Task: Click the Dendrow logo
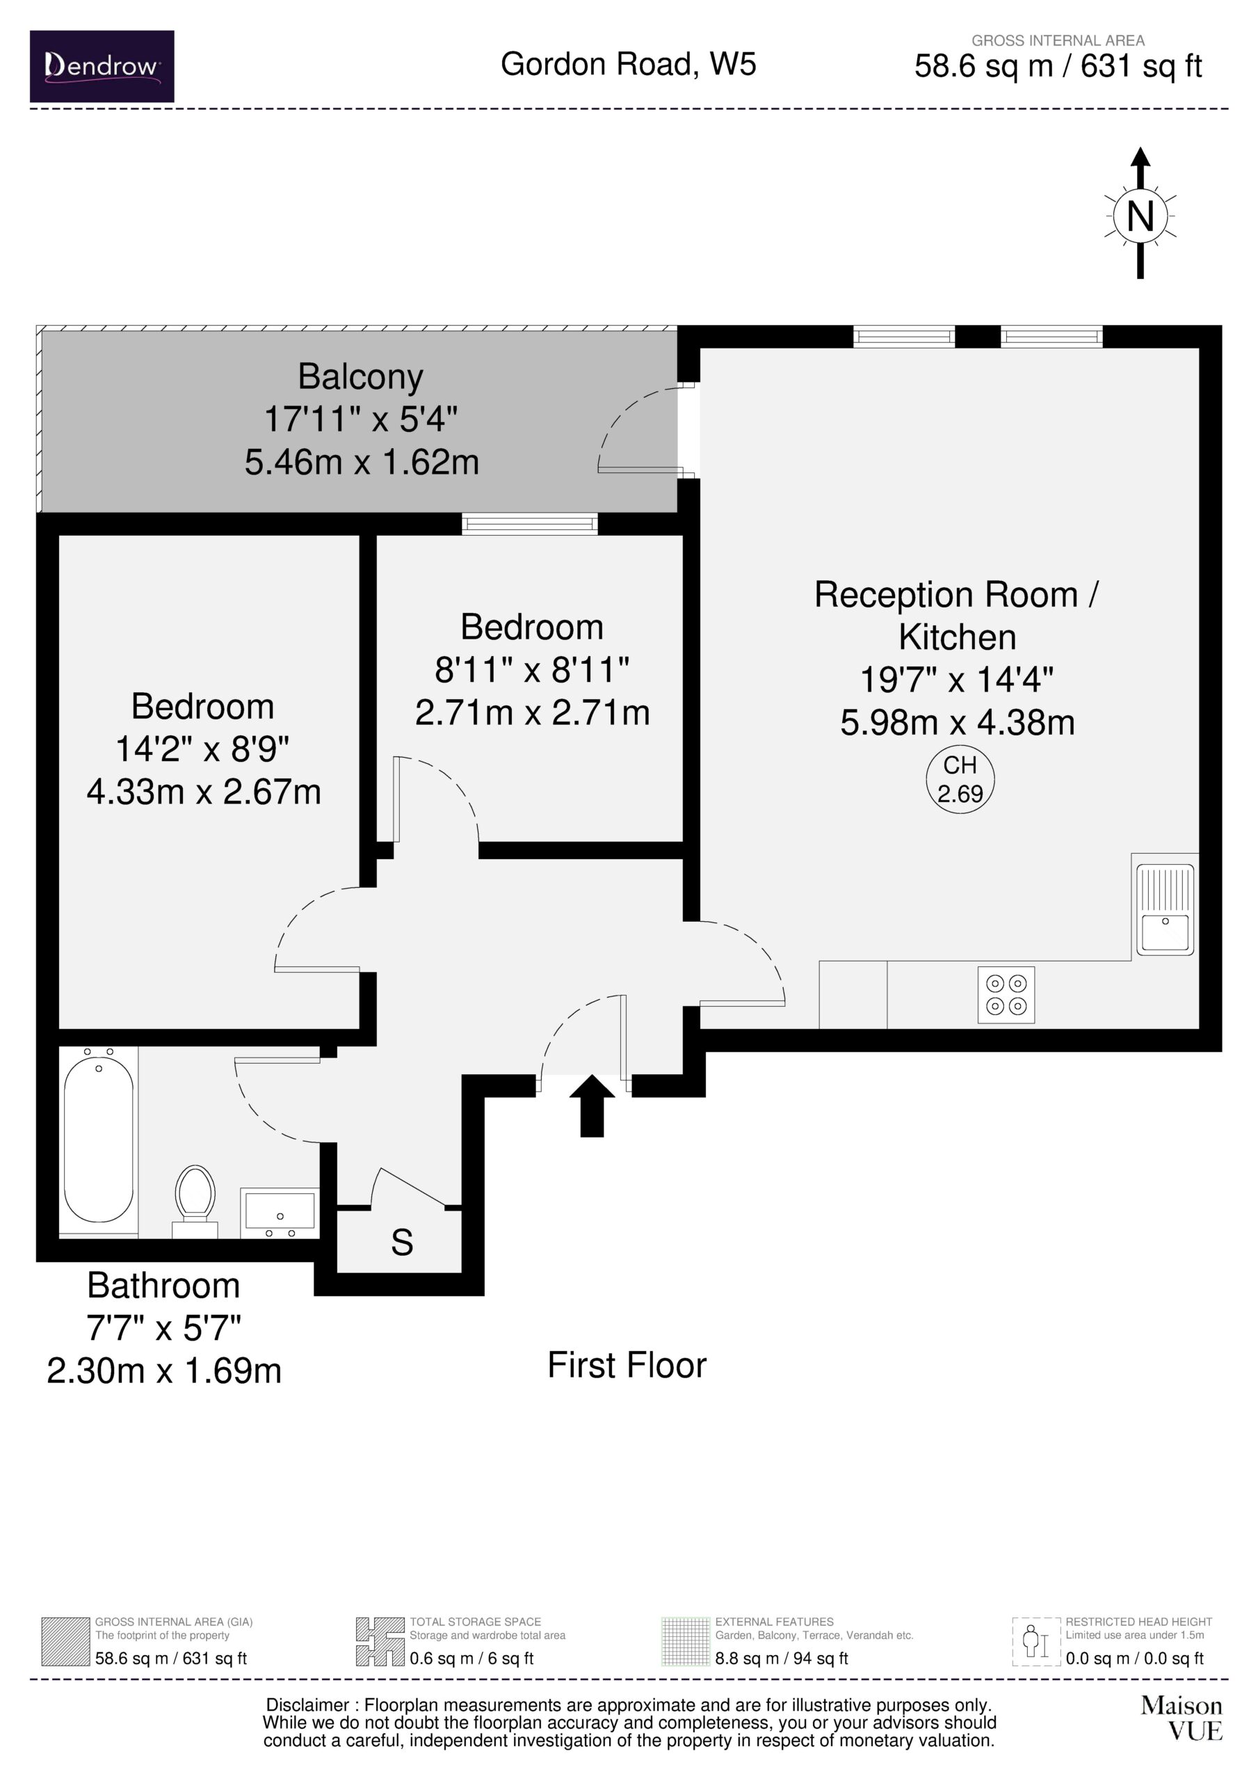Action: pos(102,66)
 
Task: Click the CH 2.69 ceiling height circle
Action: pos(960,780)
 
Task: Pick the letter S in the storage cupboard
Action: pos(402,1243)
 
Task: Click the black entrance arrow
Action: pos(592,1105)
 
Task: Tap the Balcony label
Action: pos(361,378)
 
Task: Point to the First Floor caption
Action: pos(627,1365)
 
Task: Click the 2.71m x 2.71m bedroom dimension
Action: pos(532,713)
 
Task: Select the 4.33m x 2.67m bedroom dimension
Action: pos(203,792)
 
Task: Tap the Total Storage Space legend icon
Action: pos(380,1641)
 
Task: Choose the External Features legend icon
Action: pos(686,1641)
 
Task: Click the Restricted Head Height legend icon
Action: pos(1036,1641)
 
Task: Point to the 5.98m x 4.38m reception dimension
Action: pos(958,723)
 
